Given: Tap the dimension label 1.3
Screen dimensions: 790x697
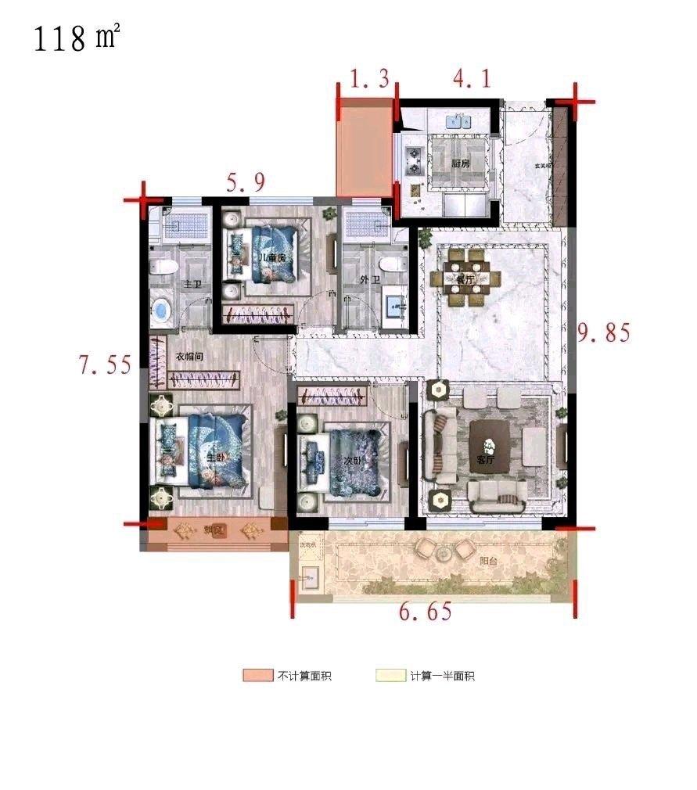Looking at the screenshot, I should coord(369,80).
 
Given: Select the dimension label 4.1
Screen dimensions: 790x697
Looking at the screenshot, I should coord(472,79).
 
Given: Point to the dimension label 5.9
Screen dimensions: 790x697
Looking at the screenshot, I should coord(246,183).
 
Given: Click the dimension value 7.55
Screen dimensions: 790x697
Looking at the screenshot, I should coord(105,364).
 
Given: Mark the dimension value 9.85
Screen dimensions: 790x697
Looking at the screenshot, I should coord(603,333).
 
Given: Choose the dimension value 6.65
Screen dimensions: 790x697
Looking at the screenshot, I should coord(426,612).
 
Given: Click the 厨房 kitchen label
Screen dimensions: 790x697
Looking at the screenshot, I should coord(461,164).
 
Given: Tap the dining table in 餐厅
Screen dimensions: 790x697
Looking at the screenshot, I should coord(467,278).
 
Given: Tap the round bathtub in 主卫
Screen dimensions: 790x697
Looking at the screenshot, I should coord(162,311).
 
